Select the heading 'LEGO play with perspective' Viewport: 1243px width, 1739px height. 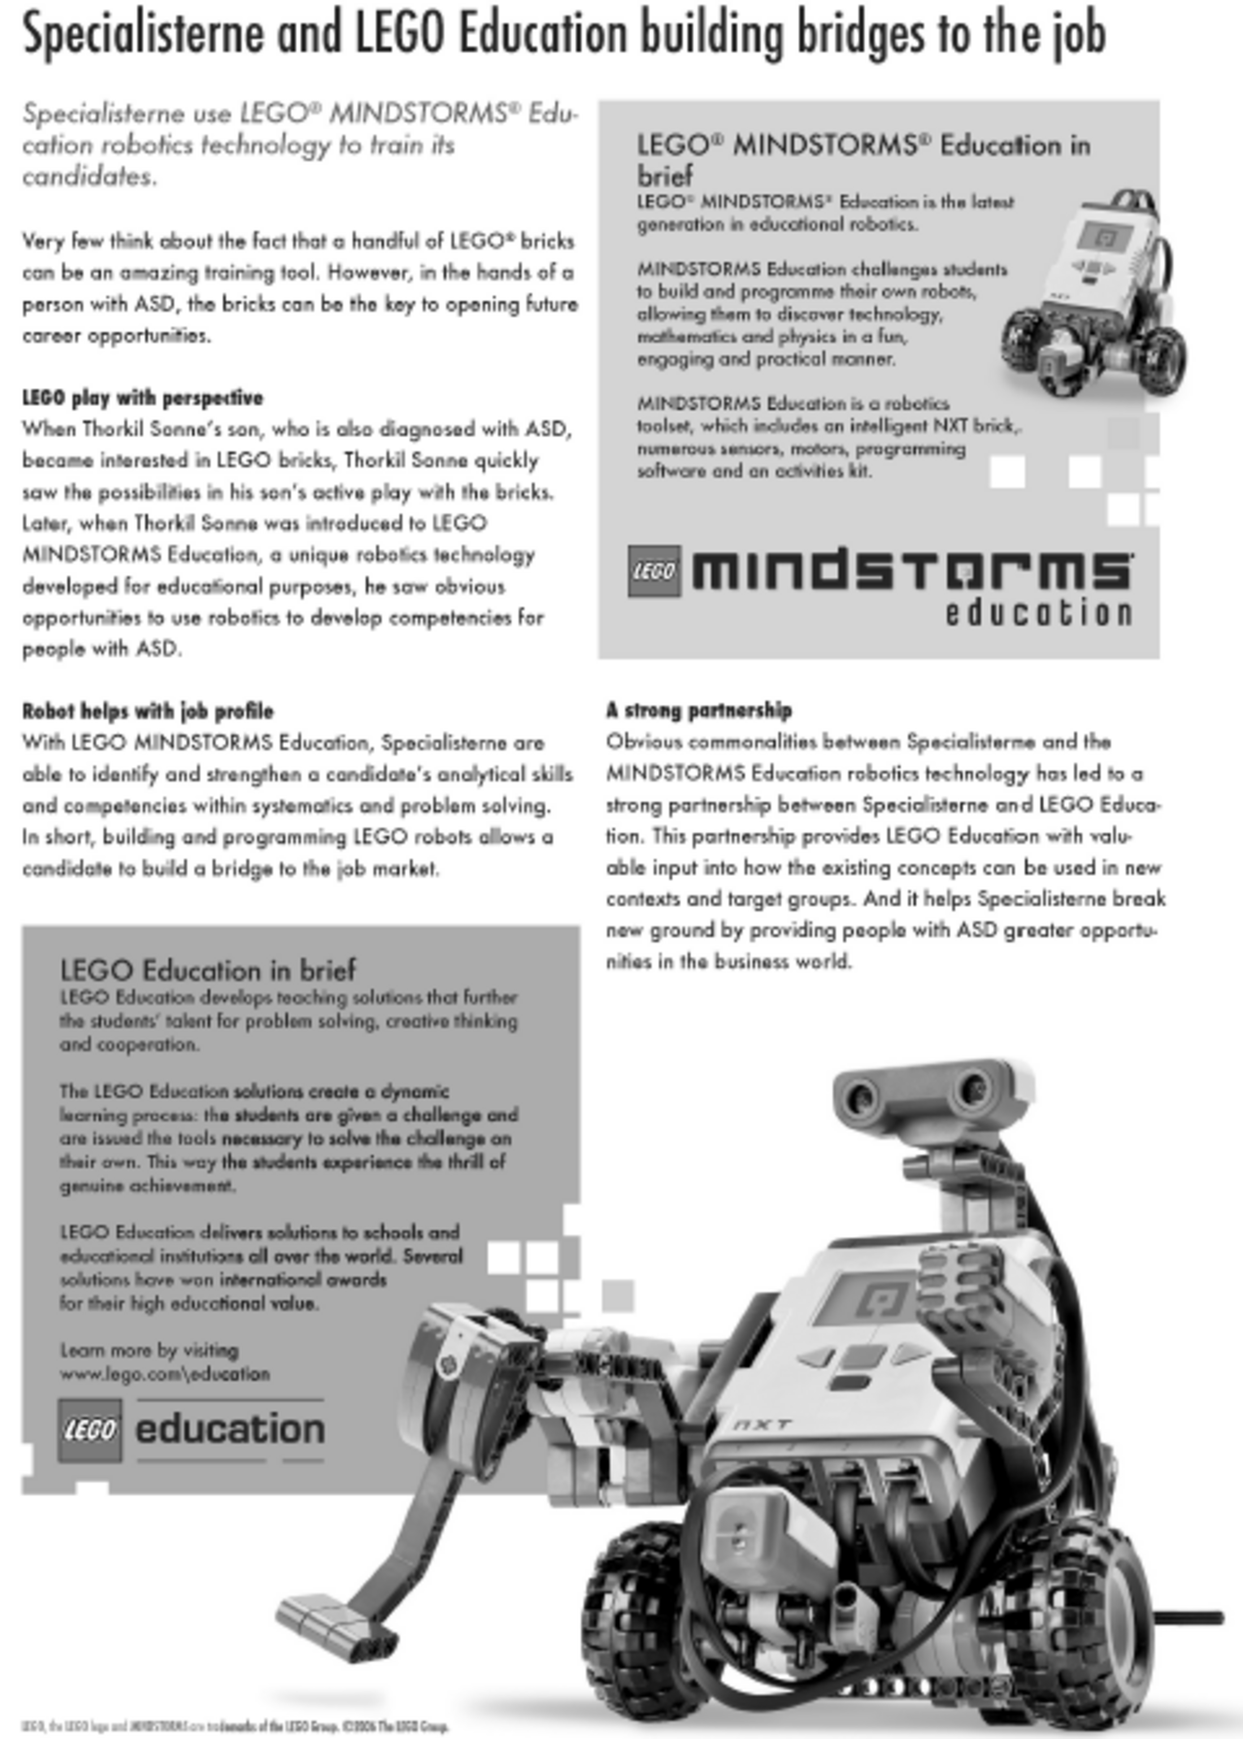point(142,397)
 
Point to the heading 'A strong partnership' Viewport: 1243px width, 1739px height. point(699,710)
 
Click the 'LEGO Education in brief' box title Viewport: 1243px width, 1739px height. point(207,970)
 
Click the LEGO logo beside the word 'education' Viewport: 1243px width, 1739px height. point(89,1430)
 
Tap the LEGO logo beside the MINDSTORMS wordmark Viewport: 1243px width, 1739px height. point(654,571)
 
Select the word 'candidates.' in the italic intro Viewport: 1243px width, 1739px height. point(89,177)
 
